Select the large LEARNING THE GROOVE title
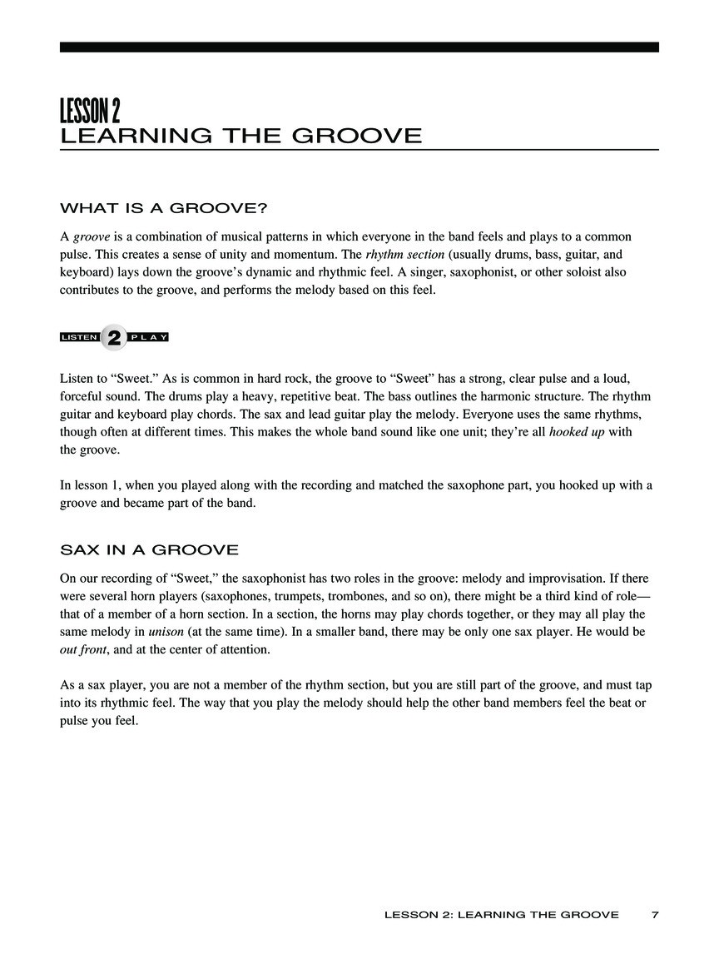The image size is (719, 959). coord(240,136)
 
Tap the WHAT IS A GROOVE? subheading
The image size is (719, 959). coord(162,207)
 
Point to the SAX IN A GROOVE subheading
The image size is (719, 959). coord(149,549)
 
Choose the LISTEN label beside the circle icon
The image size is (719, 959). coord(80,337)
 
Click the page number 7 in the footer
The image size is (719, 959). coord(655,914)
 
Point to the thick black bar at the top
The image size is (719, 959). coord(359,47)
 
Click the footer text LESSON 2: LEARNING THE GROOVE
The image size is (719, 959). coord(501,914)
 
